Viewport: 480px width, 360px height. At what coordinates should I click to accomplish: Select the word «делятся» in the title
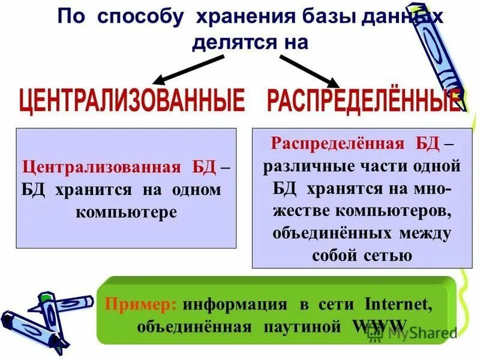230,43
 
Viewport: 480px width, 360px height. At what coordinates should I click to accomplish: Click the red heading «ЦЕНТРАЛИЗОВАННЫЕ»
132,101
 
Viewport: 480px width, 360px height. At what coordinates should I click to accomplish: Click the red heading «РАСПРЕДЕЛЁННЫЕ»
364,101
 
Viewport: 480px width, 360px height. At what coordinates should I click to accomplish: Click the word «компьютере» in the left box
127,212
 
